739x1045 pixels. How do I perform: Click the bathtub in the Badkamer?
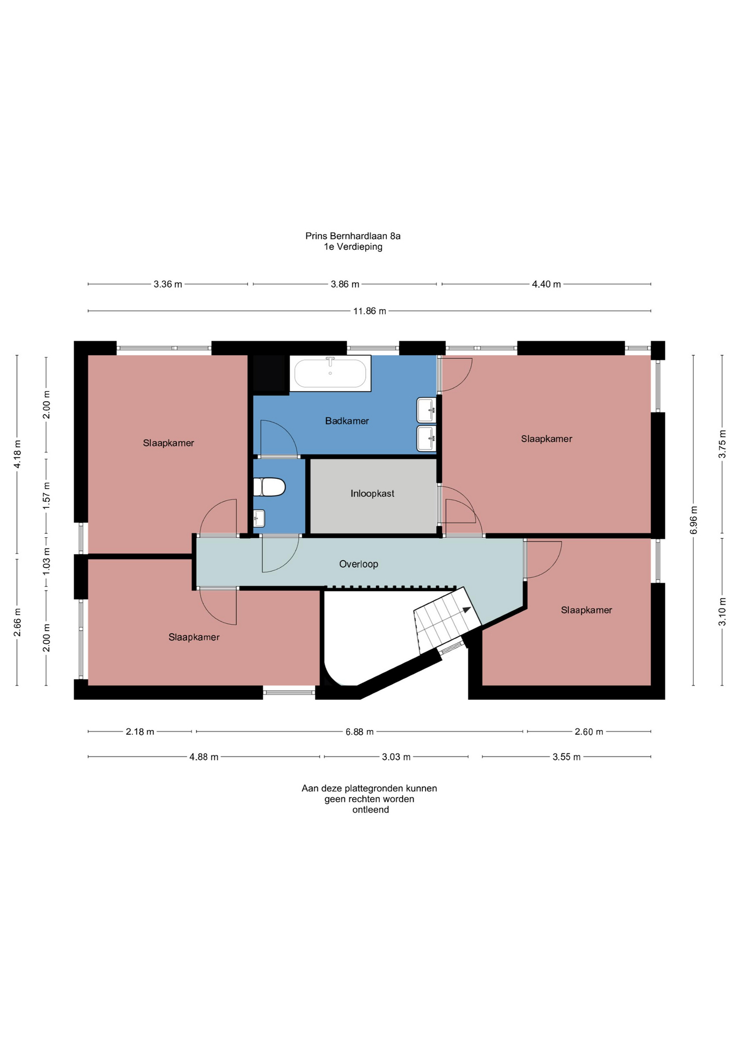pyautogui.click(x=330, y=373)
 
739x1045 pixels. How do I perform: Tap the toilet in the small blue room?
pyautogui.click(x=269, y=487)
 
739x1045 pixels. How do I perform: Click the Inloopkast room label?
pyautogui.click(x=372, y=494)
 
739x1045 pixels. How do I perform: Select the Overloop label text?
pyautogui.click(x=359, y=564)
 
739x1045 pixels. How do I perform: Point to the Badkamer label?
pyautogui.click(x=347, y=421)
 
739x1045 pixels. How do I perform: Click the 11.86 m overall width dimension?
pyautogui.click(x=369, y=311)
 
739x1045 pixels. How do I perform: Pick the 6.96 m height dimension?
pyautogui.click(x=694, y=520)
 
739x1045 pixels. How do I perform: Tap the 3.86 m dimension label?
pyautogui.click(x=345, y=284)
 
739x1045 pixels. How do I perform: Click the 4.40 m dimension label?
pyautogui.click(x=546, y=284)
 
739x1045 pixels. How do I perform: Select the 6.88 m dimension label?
pyautogui.click(x=360, y=731)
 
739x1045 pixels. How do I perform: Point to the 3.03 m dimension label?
pyautogui.click(x=396, y=757)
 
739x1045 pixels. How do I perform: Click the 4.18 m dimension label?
pyautogui.click(x=17, y=454)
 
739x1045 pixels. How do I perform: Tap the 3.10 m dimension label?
pyautogui.click(x=723, y=612)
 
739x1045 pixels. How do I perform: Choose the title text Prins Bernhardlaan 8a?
pyautogui.click(x=353, y=236)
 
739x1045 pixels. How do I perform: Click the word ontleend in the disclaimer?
pyautogui.click(x=371, y=809)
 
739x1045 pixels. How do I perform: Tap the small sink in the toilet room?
pyautogui.click(x=259, y=518)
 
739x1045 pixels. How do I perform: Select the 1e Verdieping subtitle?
pyautogui.click(x=353, y=247)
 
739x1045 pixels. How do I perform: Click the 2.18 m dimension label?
pyautogui.click(x=140, y=731)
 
